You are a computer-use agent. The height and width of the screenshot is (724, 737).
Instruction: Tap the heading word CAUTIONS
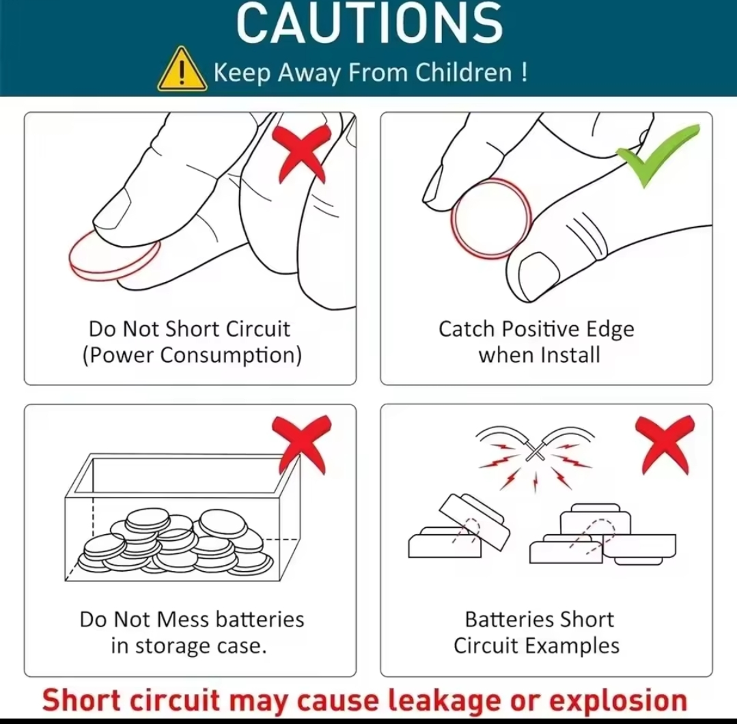370,23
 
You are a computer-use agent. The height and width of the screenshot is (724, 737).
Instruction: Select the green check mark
658,155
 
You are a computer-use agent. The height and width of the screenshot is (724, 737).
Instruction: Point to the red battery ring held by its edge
492,219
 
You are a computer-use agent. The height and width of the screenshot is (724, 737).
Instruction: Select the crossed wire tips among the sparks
535,451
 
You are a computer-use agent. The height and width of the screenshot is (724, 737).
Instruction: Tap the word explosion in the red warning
618,701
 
